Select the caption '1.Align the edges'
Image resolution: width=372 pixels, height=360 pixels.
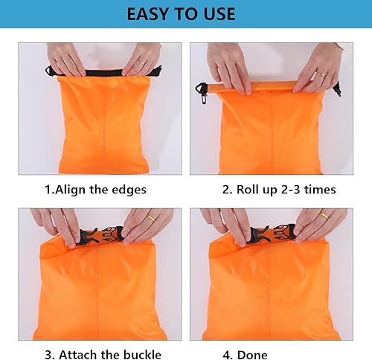(95, 190)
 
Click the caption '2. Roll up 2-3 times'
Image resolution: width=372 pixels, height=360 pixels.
(279, 190)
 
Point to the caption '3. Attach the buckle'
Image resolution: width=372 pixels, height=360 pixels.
(97, 354)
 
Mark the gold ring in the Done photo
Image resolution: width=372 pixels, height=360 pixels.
(324, 216)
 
